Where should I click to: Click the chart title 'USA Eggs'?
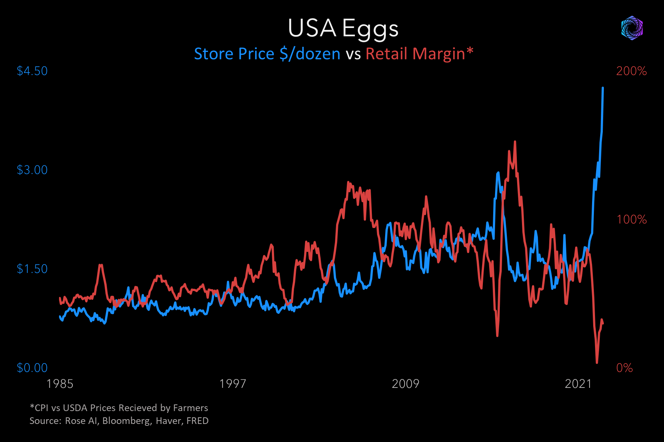[x=343, y=28]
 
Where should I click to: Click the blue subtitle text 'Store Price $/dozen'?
[x=267, y=54]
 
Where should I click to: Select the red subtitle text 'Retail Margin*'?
[x=419, y=54]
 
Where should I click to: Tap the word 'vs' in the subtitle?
[x=353, y=55]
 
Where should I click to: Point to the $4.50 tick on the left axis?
[x=32, y=71]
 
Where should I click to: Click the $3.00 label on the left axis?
[x=32, y=170]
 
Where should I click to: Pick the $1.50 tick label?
[x=32, y=269]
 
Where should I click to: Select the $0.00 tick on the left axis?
[x=32, y=368]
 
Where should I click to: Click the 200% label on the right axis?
[x=631, y=71]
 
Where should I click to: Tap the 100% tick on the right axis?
[x=632, y=220]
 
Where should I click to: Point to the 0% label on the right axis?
[x=625, y=368]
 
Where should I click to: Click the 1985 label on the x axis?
[x=60, y=384]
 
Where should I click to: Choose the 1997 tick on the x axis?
[x=232, y=384]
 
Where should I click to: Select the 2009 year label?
[x=405, y=384]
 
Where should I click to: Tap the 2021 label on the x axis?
[x=578, y=384]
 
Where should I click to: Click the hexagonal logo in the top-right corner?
[x=632, y=28]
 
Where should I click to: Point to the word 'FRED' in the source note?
[x=197, y=421]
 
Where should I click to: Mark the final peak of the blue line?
[x=603, y=88]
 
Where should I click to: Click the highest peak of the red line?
[x=515, y=141]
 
